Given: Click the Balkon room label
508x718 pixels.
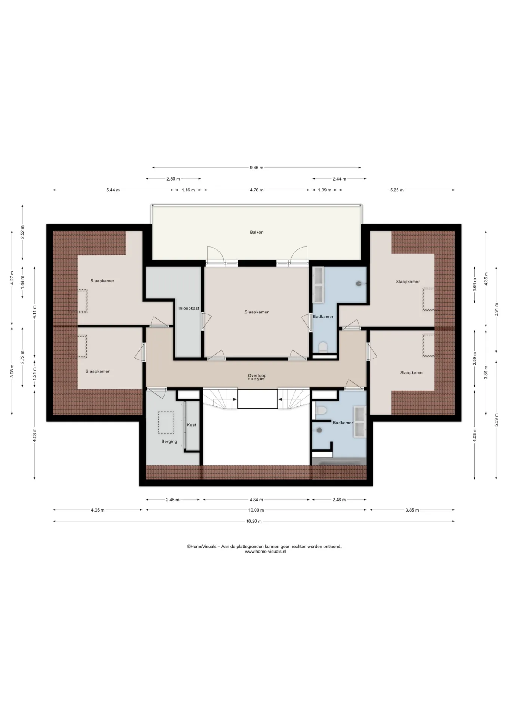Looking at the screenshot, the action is click(257, 232).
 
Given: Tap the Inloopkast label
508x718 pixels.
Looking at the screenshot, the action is click(189, 309).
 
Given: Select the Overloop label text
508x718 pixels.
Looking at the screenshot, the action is click(257, 375).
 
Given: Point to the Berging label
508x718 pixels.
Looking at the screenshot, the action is click(169, 441).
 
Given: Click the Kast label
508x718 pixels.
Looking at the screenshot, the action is click(192, 425).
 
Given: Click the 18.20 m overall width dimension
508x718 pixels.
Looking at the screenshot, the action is click(254, 521).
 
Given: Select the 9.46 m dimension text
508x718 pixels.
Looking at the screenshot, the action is click(256, 168).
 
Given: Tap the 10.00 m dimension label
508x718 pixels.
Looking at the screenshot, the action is click(256, 510).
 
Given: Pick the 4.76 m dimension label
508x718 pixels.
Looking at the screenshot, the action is click(256, 190).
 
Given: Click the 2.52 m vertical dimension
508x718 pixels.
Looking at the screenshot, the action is click(22, 232).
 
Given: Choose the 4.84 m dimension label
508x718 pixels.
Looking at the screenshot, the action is click(256, 500).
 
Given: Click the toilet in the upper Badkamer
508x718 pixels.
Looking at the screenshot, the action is click(323, 347).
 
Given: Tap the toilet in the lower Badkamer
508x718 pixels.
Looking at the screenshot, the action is click(321, 411).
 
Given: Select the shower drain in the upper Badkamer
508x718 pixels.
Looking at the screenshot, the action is click(359, 283).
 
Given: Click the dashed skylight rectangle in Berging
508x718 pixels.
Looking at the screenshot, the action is click(166, 423).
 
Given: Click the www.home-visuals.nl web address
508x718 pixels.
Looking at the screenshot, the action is click(266, 552).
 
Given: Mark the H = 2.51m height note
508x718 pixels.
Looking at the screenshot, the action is click(256, 379).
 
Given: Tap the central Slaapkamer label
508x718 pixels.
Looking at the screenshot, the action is click(257, 312).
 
